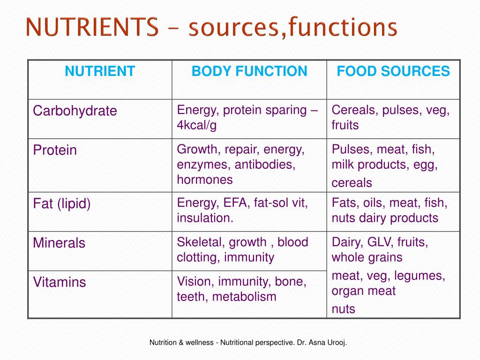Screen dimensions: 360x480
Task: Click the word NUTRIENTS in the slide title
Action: [92, 28]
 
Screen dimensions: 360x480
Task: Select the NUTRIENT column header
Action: [100, 72]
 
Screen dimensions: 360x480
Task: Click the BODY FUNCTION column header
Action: [249, 72]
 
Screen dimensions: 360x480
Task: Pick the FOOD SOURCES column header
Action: [393, 72]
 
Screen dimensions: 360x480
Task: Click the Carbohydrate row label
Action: [75, 111]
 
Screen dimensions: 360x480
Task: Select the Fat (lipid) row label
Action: [62, 204]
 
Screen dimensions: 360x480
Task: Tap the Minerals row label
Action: [59, 243]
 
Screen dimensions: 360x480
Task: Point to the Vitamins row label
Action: [60, 283]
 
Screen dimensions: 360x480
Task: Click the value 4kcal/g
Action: [197, 126]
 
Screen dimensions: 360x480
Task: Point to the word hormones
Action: [205, 180]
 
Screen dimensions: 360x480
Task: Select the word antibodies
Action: [265, 165]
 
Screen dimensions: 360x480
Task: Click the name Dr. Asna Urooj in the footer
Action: [321, 343]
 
